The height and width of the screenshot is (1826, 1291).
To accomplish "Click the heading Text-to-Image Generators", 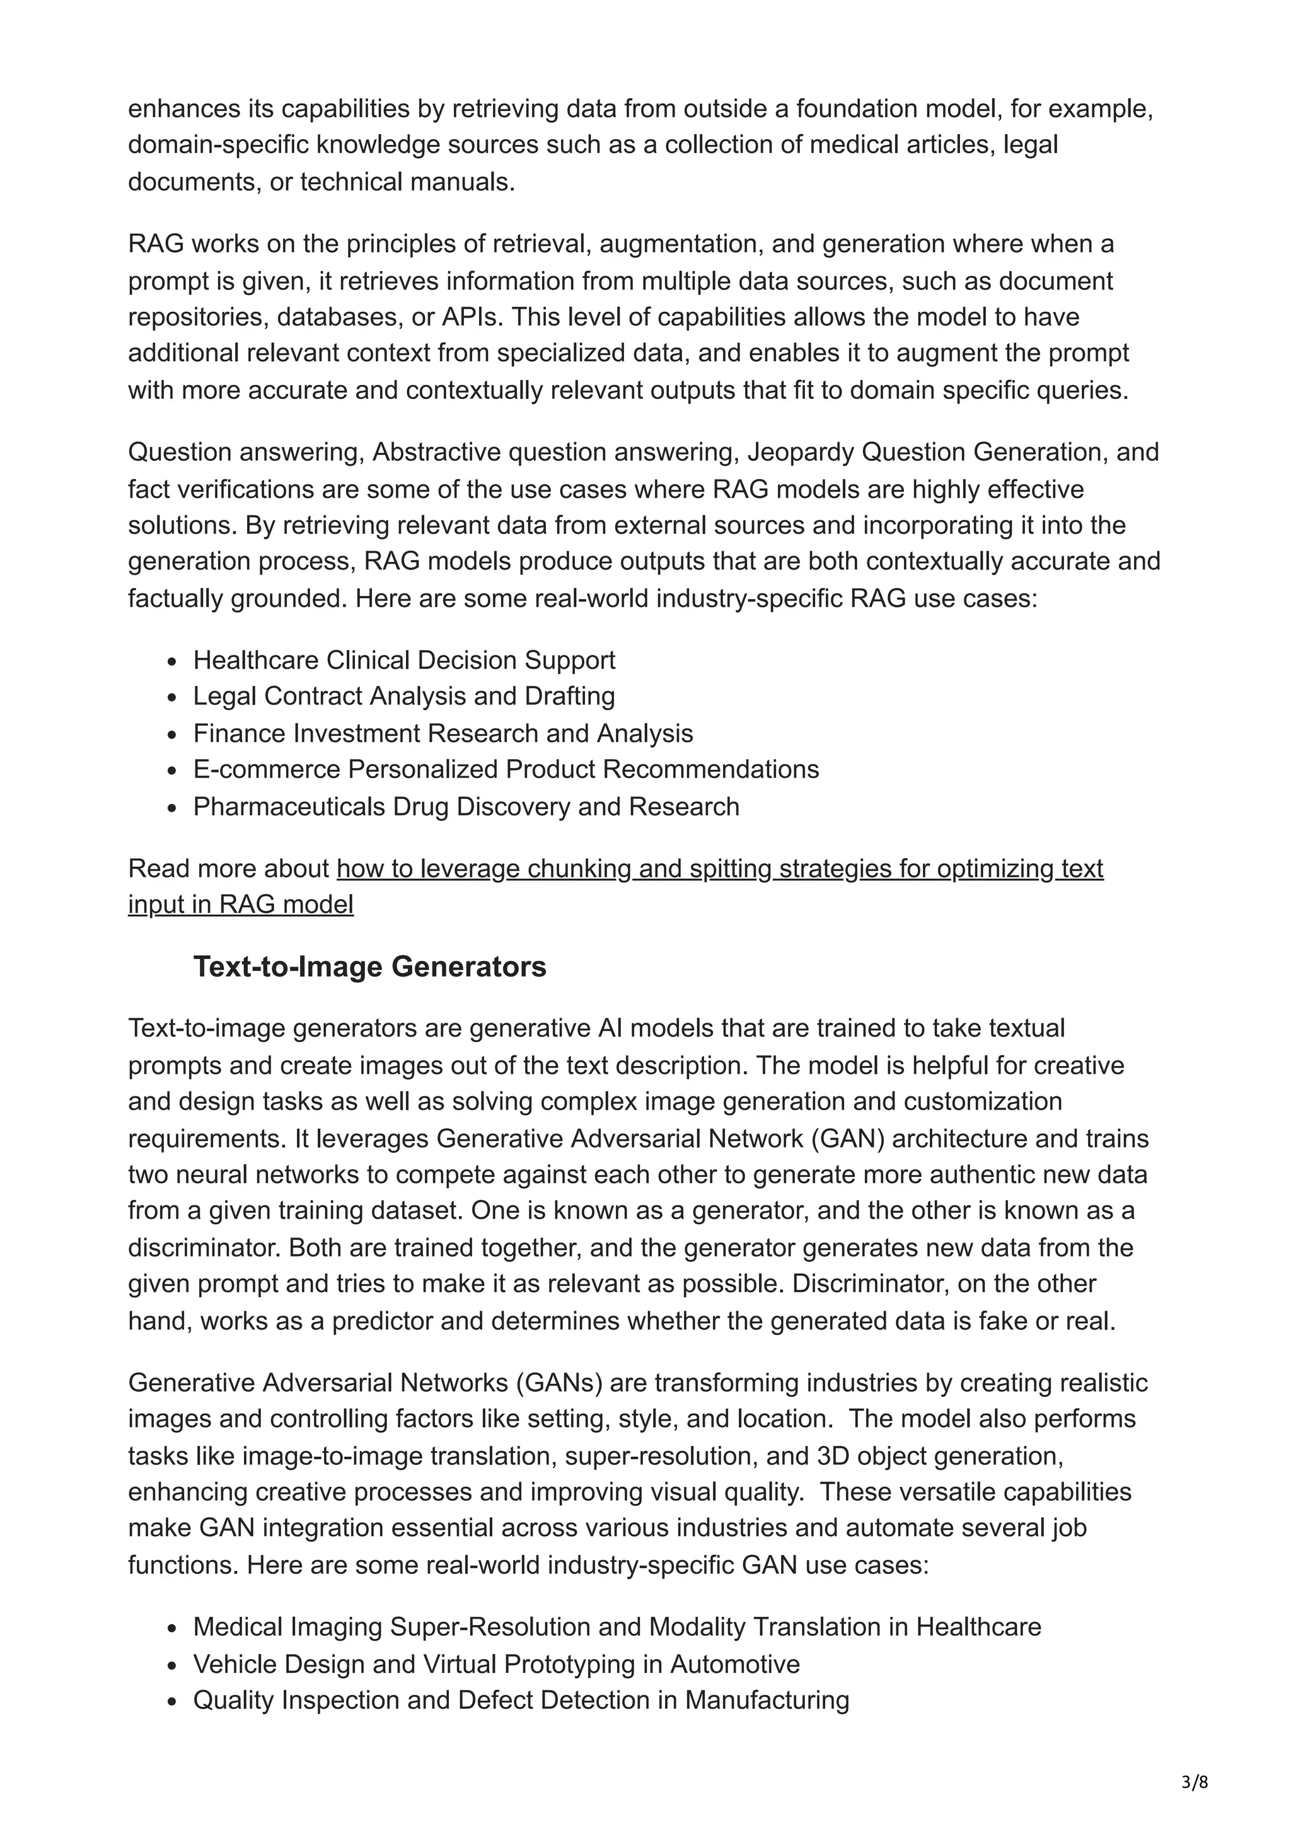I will (x=370, y=967).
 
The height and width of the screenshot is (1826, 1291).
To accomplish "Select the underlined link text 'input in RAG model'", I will (x=241, y=904).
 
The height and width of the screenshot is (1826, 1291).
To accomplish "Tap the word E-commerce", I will (x=267, y=769).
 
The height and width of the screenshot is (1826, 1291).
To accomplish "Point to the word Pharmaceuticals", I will (x=289, y=807).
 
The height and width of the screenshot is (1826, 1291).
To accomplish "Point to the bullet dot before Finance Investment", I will (x=172, y=734).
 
